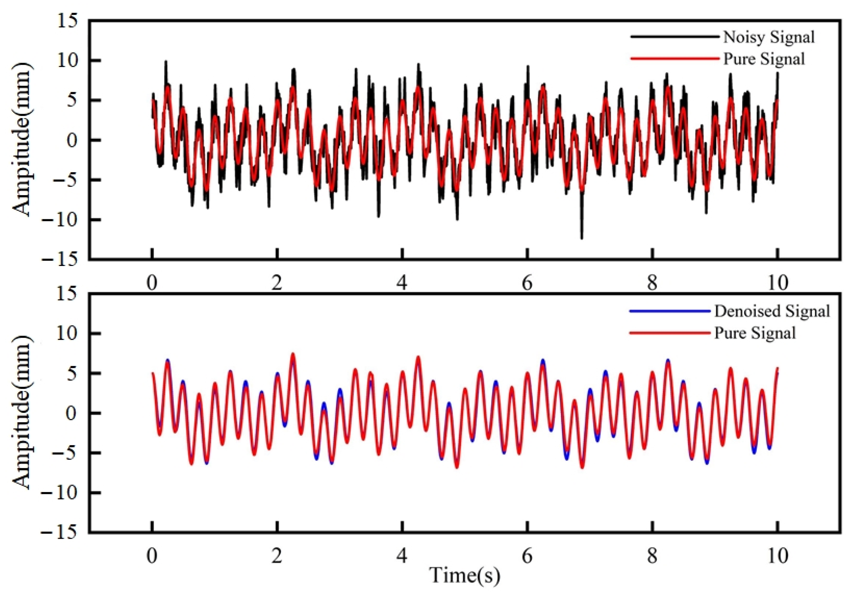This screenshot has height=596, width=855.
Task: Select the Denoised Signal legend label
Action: click(x=772, y=311)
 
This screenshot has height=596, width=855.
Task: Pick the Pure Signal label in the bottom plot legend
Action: click(x=755, y=333)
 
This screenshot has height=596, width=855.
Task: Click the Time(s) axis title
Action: click(x=464, y=575)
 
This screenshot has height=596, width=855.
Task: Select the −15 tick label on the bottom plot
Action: click(x=61, y=532)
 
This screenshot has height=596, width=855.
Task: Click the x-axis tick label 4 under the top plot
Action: click(x=402, y=284)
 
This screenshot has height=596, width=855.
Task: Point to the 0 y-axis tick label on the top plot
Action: click(x=73, y=140)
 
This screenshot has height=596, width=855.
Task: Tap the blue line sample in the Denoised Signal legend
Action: click(x=669, y=311)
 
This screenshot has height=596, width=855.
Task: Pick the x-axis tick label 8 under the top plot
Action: click(x=652, y=284)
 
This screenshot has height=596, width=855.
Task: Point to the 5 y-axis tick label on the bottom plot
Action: click(x=73, y=373)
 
